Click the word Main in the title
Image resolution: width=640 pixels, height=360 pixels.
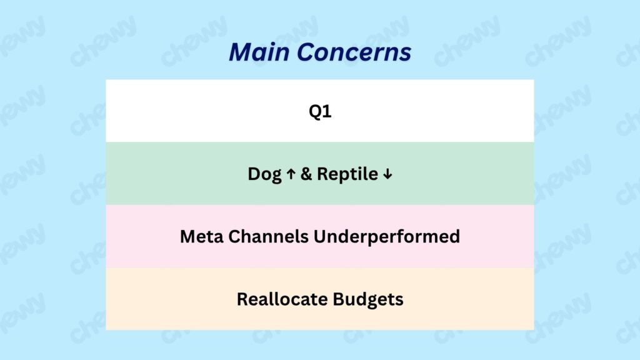click(x=259, y=52)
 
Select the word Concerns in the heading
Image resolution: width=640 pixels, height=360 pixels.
click(x=354, y=52)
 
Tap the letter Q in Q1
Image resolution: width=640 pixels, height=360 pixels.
click(x=316, y=111)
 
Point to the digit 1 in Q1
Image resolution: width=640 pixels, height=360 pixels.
click(x=327, y=111)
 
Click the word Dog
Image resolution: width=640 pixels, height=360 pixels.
click(x=264, y=174)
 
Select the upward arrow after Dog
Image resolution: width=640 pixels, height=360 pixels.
click(x=291, y=174)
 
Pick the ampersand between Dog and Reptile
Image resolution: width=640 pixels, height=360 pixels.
click(x=306, y=174)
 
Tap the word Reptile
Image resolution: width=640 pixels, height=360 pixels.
click(x=347, y=174)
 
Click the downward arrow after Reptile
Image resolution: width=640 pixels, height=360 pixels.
click(x=387, y=174)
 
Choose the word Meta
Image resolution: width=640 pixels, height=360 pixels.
click(x=202, y=237)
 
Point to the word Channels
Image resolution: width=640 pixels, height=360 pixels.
click(x=268, y=237)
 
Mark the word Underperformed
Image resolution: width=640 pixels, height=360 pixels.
click(x=386, y=237)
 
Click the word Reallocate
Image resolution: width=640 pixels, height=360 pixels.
click(x=282, y=299)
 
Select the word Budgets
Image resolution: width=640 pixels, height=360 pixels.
click(x=367, y=299)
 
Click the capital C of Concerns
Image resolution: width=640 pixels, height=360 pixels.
click(x=306, y=52)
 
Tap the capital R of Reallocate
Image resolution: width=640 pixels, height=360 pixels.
click(x=242, y=299)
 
